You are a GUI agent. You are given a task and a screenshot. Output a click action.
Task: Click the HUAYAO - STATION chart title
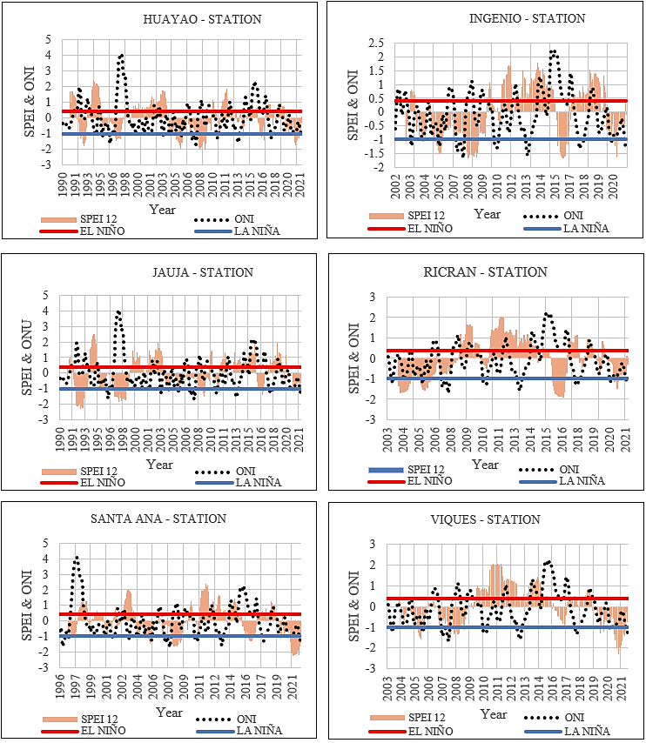click(x=202, y=19)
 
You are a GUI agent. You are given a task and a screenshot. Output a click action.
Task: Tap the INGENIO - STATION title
click(x=527, y=18)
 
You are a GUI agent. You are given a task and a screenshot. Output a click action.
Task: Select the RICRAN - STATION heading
click(x=485, y=272)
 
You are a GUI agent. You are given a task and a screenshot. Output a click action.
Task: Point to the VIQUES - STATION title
click(x=485, y=519)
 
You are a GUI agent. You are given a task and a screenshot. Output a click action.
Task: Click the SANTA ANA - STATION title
click(x=158, y=519)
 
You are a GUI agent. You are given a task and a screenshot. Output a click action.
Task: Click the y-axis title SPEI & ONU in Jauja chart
click(x=27, y=358)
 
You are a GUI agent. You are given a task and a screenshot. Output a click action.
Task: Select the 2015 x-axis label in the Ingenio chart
click(x=555, y=187)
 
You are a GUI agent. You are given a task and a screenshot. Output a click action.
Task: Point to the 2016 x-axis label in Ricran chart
click(x=562, y=439)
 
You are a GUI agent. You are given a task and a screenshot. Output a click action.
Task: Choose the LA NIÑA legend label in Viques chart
click(x=587, y=731)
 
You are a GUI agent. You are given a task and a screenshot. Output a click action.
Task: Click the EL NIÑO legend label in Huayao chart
click(x=102, y=231)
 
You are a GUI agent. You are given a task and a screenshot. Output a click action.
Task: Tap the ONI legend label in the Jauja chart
click(x=246, y=472)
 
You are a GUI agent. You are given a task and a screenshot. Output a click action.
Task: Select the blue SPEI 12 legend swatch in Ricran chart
click(x=386, y=470)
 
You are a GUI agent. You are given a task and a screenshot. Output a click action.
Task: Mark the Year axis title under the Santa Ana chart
click(x=169, y=713)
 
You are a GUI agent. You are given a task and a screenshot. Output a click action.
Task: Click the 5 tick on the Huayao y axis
click(x=49, y=40)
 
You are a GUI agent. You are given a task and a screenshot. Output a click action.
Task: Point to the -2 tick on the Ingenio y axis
click(x=378, y=167)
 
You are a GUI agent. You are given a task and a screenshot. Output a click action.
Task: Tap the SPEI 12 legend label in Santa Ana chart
click(x=99, y=720)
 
